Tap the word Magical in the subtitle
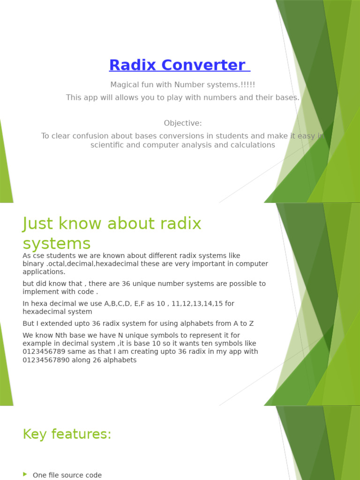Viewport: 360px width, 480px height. (x=125, y=85)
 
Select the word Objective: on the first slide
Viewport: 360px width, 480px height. (x=183, y=123)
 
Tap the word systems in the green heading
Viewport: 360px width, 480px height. (x=57, y=244)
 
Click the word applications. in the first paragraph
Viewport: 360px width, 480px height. (x=44, y=272)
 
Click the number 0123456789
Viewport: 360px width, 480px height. (x=45, y=352)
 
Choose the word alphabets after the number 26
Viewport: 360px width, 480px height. (x=120, y=360)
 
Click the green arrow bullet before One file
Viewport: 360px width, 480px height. (x=25, y=475)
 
